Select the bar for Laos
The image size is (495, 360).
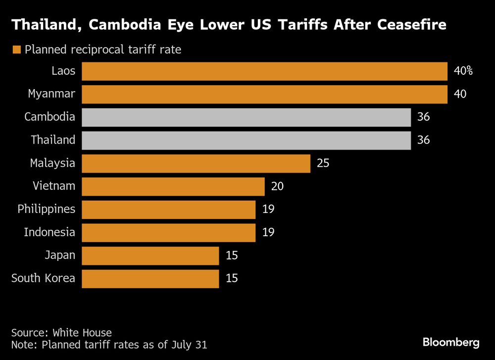point(264,71)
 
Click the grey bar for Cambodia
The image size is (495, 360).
point(246,117)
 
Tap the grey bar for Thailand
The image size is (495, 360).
point(246,140)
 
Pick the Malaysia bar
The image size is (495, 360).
point(196,163)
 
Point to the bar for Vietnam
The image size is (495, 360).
point(173,186)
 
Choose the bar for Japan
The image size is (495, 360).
point(150,256)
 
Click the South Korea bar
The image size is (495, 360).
point(150,278)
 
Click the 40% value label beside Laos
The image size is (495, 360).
point(463,71)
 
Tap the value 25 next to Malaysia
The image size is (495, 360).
point(323,163)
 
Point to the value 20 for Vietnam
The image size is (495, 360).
point(277,186)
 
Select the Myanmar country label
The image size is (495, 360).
point(51,94)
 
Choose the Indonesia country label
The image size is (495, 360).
point(49,232)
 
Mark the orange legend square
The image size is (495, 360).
point(17,50)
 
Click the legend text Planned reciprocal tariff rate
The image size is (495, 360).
point(103,50)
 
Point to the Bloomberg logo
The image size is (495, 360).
point(450,342)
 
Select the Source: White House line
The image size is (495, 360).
point(61,333)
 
